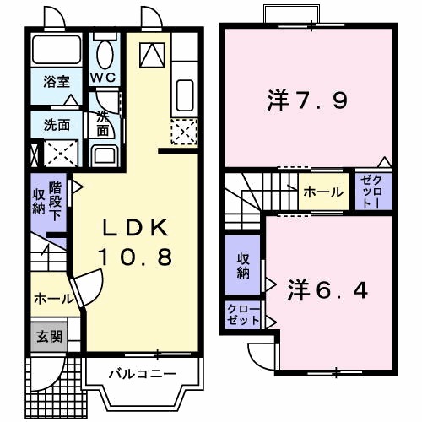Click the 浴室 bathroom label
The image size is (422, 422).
click(x=57, y=83)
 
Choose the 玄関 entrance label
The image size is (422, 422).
click(x=48, y=335)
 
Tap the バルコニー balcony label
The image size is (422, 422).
click(x=142, y=373)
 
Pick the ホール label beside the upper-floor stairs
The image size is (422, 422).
click(x=322, y=192)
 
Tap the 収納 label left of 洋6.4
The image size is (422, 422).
click(x=243, y=265)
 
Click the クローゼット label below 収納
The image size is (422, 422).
click(x=243, y=316)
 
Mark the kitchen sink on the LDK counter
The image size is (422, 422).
click(x=184, y=93)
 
